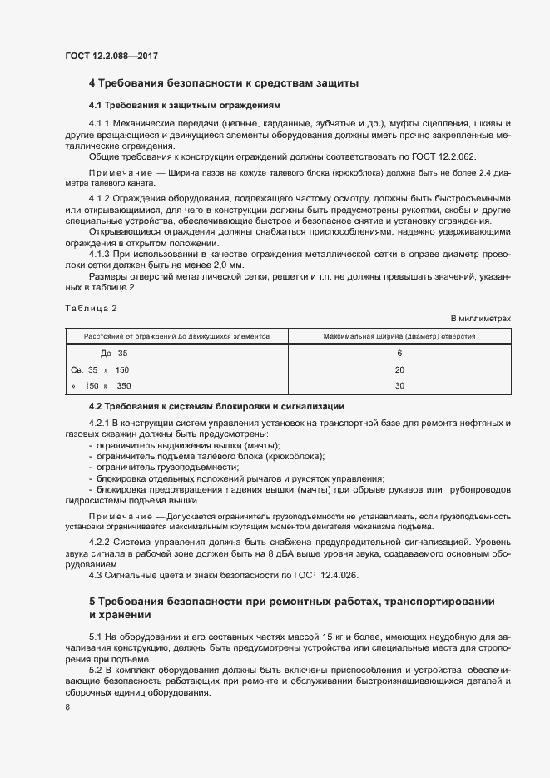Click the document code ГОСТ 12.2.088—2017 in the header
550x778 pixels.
111,57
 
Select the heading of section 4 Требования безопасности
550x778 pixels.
224,83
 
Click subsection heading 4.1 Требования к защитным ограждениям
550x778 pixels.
186,106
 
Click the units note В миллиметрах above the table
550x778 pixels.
480,319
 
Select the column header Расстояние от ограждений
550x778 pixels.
176,336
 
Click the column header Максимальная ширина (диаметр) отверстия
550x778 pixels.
399,336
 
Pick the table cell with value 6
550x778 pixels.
399,353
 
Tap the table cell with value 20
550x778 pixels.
399,369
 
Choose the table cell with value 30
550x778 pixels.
399,385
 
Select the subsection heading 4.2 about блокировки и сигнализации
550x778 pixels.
216,406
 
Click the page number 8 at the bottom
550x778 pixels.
67,707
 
